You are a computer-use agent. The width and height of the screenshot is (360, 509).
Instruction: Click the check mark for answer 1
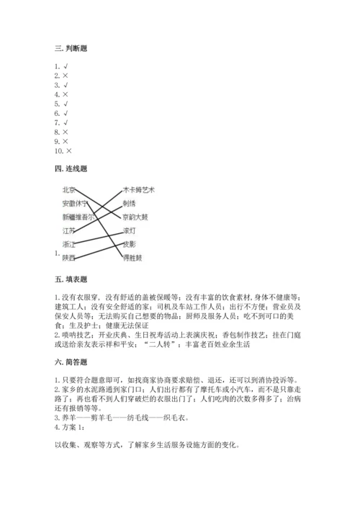[66, 66]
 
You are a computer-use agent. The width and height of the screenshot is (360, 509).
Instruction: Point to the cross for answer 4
[66, 94]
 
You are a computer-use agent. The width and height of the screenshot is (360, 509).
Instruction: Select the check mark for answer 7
[66, 122]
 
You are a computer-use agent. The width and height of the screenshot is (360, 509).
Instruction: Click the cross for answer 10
[69, 150]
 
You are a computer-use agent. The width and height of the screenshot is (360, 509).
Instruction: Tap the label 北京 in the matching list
[69, 189]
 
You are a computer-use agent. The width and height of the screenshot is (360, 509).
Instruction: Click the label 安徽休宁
[75, 203]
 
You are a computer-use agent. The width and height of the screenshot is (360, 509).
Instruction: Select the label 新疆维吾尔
[77, 217]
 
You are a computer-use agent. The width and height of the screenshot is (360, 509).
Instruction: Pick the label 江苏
[69, 230]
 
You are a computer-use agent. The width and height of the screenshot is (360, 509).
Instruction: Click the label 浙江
[69, 244]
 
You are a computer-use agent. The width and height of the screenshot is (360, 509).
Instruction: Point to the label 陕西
[69, 257]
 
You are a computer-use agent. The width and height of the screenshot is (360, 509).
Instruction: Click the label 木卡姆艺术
[139, 189]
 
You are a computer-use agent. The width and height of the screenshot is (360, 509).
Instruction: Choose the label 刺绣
[129, 203]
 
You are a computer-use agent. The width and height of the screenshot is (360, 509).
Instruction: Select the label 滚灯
[129, 230]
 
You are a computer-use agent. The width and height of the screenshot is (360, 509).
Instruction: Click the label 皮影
[129, 244]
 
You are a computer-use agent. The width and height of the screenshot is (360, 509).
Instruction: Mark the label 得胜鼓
[132, 257]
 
